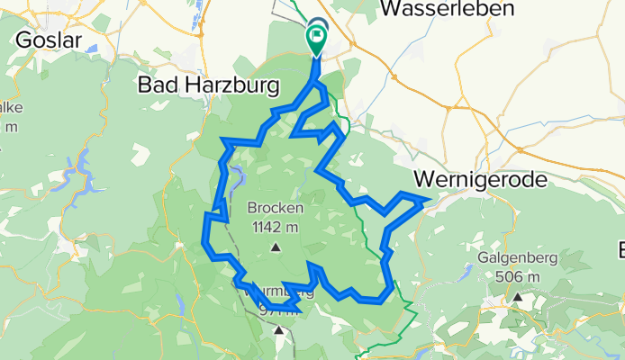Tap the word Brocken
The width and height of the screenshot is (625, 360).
point(276,209)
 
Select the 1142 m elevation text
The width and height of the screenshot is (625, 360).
point(276,226)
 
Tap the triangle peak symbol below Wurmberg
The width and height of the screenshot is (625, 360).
point(279,330)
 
